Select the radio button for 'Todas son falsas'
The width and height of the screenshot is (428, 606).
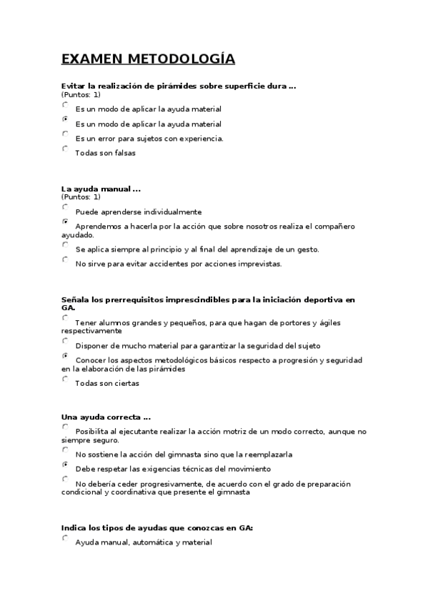(x=65, y=149)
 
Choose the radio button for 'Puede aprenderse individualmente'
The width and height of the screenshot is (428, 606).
(x=65, y=208)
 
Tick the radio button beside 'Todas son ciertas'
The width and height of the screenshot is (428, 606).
(x=65, y=379)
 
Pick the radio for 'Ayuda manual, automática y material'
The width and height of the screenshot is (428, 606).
(x=65, y=539)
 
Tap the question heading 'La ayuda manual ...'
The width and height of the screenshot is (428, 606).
(x=101, y=189)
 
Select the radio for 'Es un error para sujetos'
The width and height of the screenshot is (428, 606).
(x=65, y=134)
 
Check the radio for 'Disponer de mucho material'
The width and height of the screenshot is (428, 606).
(x=65, y=342)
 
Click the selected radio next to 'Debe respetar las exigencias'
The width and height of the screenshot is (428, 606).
(x=65, y=465)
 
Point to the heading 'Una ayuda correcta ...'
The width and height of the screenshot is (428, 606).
(x=106, y=417)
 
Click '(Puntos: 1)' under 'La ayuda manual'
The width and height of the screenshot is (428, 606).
(x=81, y=197)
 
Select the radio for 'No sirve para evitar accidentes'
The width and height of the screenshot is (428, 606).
(x=65, y=260)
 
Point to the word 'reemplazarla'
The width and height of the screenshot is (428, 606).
(x=267, y=454)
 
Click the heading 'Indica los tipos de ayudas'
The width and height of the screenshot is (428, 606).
(x=157, y=528)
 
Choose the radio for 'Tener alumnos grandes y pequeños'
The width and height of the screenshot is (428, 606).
(x=65, y=319)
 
